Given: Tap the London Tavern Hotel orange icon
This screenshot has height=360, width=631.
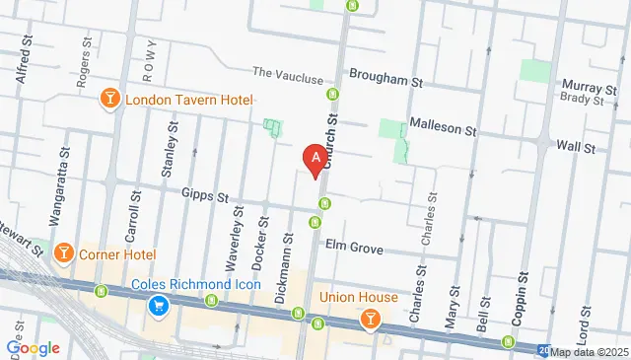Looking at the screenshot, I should tap(110, 100).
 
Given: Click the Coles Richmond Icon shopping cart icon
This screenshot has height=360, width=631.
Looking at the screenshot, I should tap(157, 308).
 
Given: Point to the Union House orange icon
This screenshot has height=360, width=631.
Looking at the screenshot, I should tap(370, 318).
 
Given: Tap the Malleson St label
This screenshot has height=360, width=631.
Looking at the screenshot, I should tap(443, 130).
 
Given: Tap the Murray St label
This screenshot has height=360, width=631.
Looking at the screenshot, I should tap(590, 87).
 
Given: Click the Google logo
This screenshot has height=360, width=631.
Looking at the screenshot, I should tap(33, 348).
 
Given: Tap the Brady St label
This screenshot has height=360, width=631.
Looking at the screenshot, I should tap(583, 100).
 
